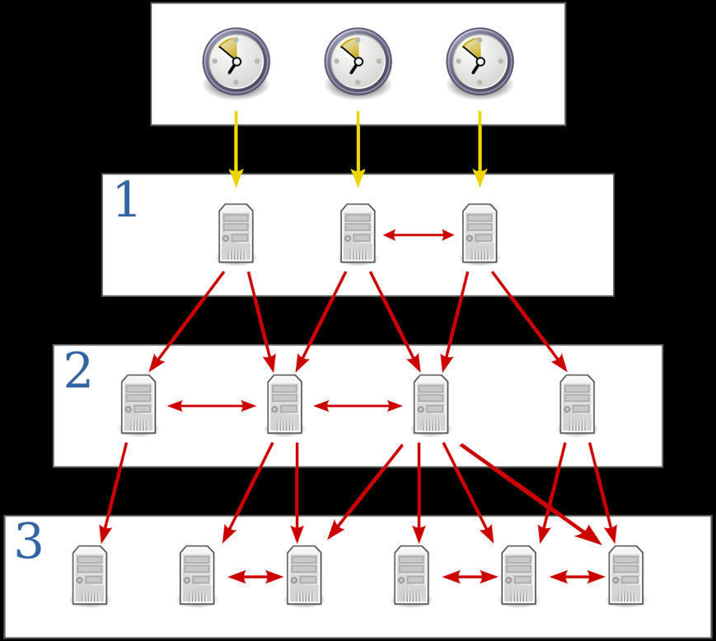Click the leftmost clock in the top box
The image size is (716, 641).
point(236,62)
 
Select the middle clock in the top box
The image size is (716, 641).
point(358,62)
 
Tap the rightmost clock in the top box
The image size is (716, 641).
point(480,62)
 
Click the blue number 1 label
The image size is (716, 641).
point(125,200)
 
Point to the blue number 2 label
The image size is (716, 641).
point(77,372)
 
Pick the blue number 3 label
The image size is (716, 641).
point(29,543)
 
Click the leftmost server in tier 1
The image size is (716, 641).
point(236,234)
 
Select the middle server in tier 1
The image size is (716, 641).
point(358,234)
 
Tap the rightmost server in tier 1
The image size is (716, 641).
point(480,234)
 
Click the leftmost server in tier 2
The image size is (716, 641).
point(138,404)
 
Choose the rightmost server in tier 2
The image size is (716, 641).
point(577,404)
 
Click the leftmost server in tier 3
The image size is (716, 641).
point(89,575)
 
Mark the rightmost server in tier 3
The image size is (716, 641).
point(626,575)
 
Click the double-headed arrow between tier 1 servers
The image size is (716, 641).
point(419,235)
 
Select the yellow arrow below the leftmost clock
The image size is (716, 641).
point(236,148)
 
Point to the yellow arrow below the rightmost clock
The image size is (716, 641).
point(480,148)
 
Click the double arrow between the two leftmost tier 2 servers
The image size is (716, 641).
point(212,406)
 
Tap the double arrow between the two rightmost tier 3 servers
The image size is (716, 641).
point(577,577)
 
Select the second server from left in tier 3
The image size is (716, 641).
point(197,575)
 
